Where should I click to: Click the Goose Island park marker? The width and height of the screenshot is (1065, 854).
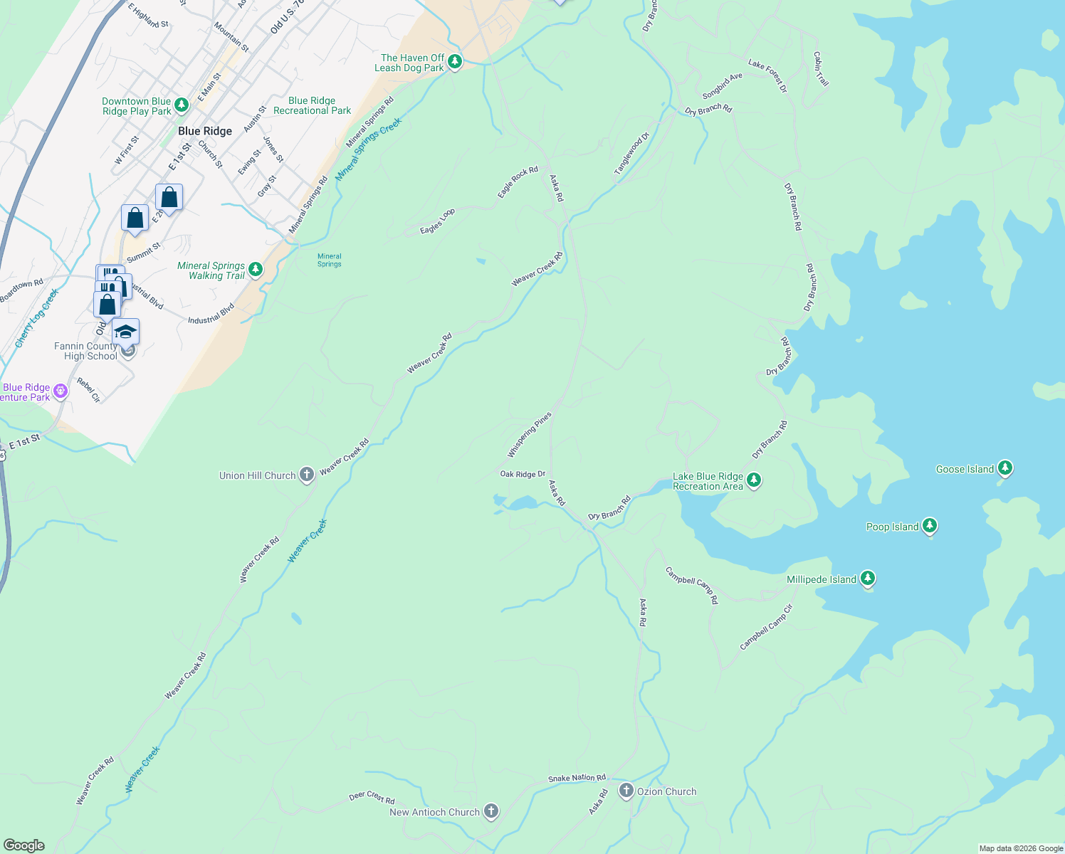(x=1004, y=468)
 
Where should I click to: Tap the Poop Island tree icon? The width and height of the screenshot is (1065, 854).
(x=929, y=526)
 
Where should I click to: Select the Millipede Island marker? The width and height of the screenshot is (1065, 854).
(x=867, y=579)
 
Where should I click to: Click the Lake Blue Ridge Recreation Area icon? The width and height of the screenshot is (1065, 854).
(x=754, y=481)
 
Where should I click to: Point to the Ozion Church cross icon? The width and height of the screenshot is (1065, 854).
(x=626, y=791)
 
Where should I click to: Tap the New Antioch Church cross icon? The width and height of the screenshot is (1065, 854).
(x=490, y=811)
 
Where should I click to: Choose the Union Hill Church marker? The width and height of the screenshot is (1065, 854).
(x=307, y=475)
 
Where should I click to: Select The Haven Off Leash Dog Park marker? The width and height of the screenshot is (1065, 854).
(x=455, y=62)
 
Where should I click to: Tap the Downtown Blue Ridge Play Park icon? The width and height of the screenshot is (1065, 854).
(x=182, y=105)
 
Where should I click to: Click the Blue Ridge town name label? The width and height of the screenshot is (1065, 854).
(x=205, y=131)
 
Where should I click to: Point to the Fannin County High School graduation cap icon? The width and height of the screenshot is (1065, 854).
(x=125, y=332)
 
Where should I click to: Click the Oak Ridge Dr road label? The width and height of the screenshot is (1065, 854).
(x=523, y=474)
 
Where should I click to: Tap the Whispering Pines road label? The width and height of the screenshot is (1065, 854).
(x=529, y=435)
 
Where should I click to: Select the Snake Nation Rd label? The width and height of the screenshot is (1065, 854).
(x=577, y=778)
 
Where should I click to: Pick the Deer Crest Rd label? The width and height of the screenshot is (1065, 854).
(x=372, y=798)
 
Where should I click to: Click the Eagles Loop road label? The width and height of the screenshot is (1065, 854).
(x=437, y=221)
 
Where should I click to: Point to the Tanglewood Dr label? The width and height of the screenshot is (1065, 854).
(x=632, y=154)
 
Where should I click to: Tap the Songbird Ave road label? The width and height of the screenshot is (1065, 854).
(x=722, y=86)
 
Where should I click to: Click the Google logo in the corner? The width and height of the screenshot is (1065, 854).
(x=24, y=845)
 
